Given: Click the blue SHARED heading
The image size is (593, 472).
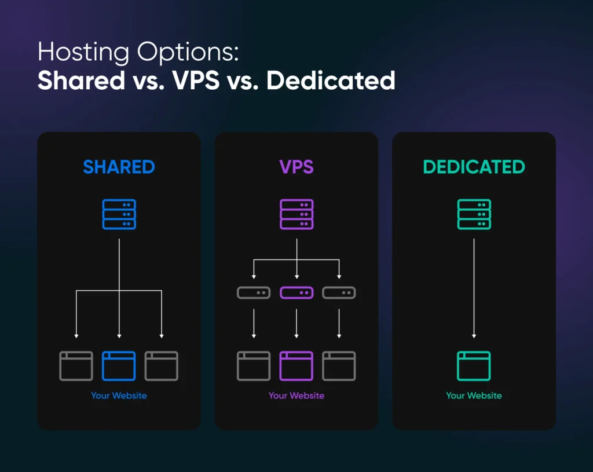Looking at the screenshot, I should (119, 167).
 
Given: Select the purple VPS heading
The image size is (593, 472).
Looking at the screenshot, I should (296, 167).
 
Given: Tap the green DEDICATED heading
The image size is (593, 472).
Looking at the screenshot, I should (474, 167).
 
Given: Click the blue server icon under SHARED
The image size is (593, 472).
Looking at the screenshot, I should (119, 214).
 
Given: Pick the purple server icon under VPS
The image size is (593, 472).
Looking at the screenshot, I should (296, 214).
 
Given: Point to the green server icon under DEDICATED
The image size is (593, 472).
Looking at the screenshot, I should (474, 214).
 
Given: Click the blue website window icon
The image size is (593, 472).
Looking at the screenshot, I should (119, 366).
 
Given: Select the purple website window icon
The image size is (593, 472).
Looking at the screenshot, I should (296, 366).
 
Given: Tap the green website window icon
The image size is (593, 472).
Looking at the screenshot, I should (474, 366).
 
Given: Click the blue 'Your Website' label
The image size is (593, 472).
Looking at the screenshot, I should (119, 396).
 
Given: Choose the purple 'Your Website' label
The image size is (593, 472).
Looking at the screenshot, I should (296, 396).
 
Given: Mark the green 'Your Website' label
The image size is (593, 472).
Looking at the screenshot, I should (474, 396).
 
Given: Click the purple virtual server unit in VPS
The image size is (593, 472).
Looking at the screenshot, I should (296, 293).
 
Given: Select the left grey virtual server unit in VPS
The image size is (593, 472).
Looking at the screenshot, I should (254, 293).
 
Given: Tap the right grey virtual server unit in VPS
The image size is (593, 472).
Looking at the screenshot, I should (339, 293).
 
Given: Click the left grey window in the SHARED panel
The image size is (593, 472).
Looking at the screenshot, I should (76, 366).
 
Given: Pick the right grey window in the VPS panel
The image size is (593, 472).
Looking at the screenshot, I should (339, 366).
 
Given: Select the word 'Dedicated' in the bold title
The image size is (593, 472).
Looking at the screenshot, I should (331, 81).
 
